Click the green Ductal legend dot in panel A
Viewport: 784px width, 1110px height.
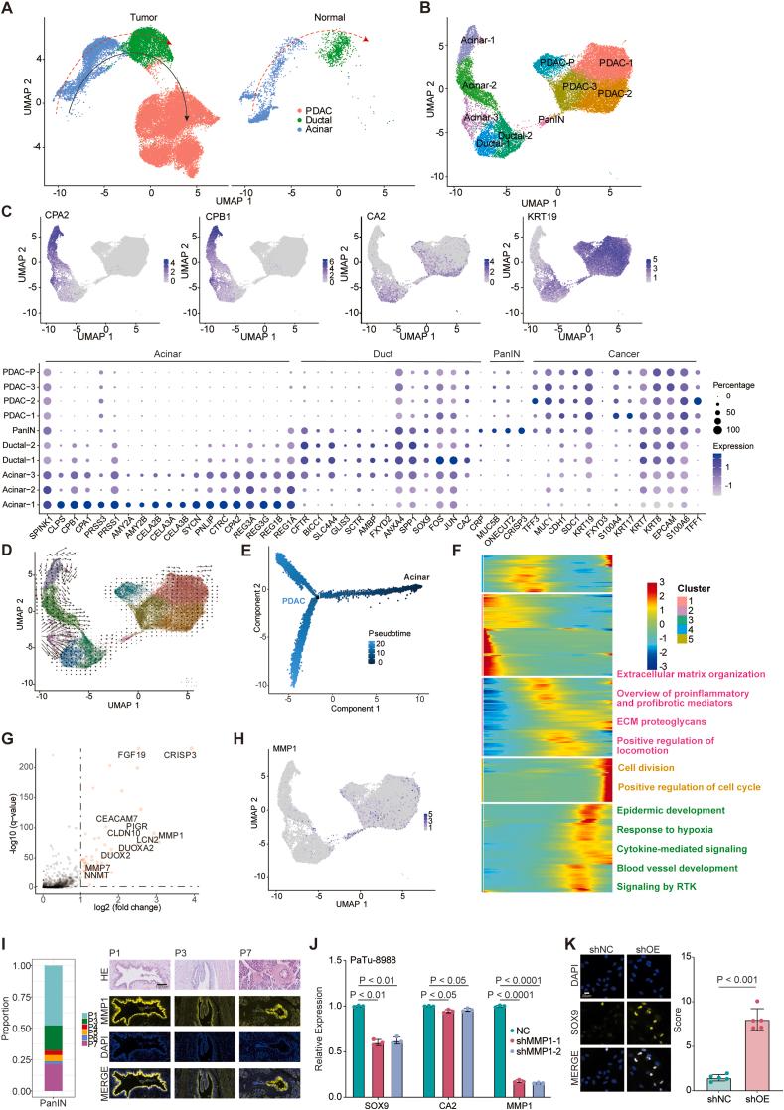tap(299, 119)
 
